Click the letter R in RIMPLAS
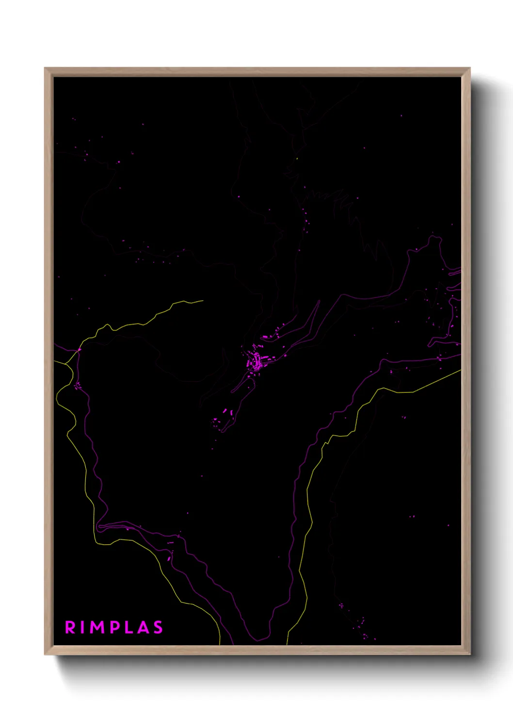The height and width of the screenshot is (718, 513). pos(70,627)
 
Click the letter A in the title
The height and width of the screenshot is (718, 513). pos(143,627)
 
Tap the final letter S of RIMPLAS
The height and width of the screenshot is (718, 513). pos(158,627)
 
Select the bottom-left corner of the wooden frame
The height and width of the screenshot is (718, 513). pos(46,654)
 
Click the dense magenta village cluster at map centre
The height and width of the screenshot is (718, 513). pos(256,361)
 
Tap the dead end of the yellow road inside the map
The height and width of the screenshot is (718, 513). pos(203,301)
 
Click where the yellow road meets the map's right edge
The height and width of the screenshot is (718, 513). pos(460,371)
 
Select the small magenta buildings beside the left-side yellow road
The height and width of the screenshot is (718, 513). pos(77,386)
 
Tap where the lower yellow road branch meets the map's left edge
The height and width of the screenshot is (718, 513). pos(54,361)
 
